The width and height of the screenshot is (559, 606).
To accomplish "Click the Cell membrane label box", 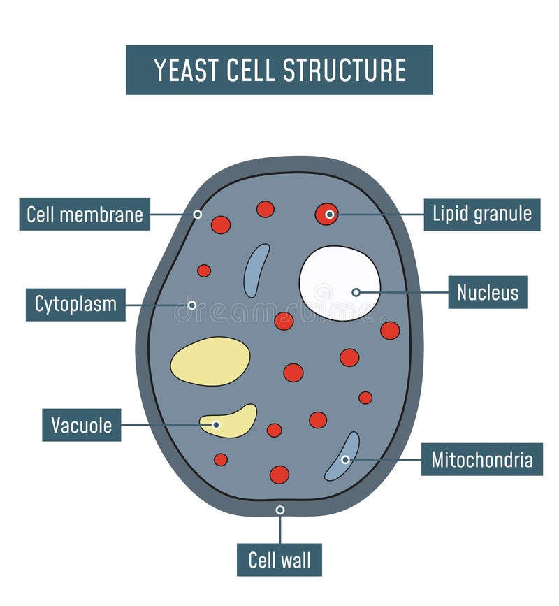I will click(x=85, y=214).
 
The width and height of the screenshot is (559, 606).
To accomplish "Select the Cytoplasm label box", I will click(x=75, y=305).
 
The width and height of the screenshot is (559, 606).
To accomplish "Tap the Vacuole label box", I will click(x=81, y=425).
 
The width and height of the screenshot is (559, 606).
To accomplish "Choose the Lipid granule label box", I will click(x=481, y=214).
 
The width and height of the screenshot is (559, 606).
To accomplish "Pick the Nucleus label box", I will click(x=487, y=292).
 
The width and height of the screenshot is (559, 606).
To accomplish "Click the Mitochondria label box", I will click(x=481, y=459).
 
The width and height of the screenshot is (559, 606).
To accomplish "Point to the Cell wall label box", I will click(x=279, y=559).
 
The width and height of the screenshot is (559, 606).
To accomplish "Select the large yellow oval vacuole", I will click(x=210, y=361).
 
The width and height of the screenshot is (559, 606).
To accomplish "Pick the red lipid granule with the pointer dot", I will click(x=326, y=214).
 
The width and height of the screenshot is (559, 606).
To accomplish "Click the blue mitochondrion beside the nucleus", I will click(x=256, y=270).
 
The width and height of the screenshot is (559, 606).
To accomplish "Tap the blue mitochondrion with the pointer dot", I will click(x=342, y=456).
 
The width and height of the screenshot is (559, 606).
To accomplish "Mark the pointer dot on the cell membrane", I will click(x=198, y=215).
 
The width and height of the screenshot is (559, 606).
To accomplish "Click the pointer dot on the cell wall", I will click(x=280, y=510).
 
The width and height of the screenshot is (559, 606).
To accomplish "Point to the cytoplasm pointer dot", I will click(x=191, y=305).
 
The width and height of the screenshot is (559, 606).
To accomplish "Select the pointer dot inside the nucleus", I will click(x=356, y=292).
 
